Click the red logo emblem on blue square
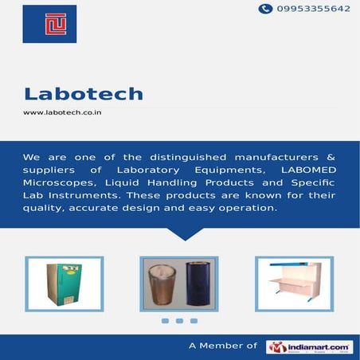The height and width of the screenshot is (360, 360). (49, 24)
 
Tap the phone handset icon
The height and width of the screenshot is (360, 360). (265, 9)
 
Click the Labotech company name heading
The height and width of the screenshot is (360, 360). (83, 94)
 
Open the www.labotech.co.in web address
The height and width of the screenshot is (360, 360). (67, 112)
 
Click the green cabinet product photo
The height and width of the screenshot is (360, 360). (63, 284)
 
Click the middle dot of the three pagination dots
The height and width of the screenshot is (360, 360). (179, 321)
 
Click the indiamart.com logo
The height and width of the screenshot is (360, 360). (309, 346)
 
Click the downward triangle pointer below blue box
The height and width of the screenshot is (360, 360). (185, 234)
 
